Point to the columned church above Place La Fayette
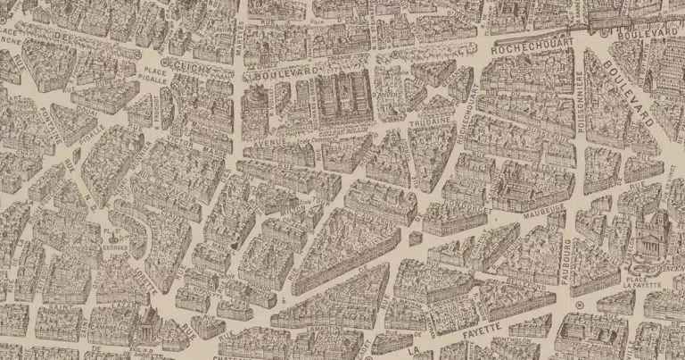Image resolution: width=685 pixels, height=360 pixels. [649, 234]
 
